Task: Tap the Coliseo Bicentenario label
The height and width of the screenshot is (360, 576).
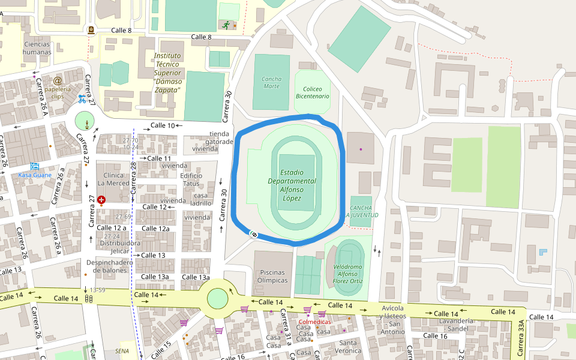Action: pyautogui.click(x=312, y=92)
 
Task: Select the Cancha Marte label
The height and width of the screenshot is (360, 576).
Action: pyautogui.click(x=271, y=82)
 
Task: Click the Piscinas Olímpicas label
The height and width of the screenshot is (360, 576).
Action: pyautogui.click(x=272, y=277)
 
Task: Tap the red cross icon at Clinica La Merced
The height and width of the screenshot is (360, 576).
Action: pyautogui.click(x=101, y=199)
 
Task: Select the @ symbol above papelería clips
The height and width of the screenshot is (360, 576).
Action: pyautogui.click(x=58, y=80)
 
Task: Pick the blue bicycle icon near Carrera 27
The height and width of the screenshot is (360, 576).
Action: pyautogui.click(x=82, y=98)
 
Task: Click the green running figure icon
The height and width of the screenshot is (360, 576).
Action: pyautogui.click(x=226, y=25)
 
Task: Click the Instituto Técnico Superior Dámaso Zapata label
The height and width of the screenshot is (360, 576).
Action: pyautogui.click(x=166, y=73)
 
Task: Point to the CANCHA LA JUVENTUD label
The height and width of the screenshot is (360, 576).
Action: pyautogui.click(x=361, y=211)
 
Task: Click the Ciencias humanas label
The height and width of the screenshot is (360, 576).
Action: pyautogui.click(x=37, y=48)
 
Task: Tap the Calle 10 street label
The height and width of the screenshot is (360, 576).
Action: pyautogui.click(x=162, y=125)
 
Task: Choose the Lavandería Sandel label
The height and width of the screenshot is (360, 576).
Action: pyautogui.click(x=454, y=325)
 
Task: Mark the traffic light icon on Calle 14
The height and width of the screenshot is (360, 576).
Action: pyautogui.click(x=89, y=298)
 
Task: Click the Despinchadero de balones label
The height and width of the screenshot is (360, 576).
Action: pyautogui.click(x=109, y=266)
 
